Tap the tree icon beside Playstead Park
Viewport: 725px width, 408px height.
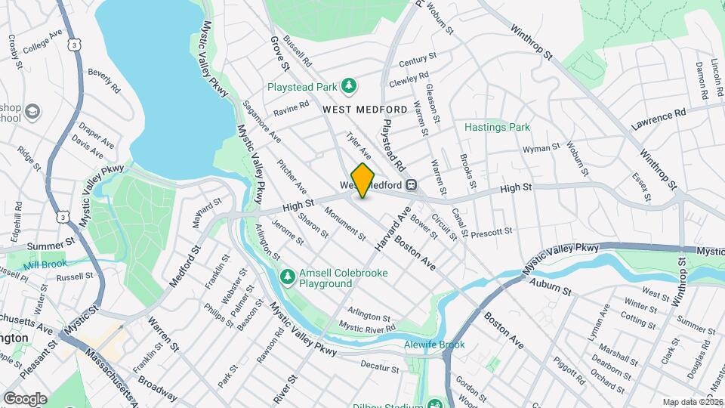(348, 86)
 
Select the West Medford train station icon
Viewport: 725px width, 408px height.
(412, 184)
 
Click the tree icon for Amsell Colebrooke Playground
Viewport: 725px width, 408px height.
(287, 277)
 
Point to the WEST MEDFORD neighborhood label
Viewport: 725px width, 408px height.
(365, 110)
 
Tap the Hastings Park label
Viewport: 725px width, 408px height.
(497, 127)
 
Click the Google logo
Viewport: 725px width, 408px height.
(24, 398)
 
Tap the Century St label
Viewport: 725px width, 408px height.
(418, 59)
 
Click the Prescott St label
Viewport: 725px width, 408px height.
(491, 232)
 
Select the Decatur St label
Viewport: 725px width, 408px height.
(379, 368)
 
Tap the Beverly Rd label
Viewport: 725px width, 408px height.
(103, 80)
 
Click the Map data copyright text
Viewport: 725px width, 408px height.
(692, 401)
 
